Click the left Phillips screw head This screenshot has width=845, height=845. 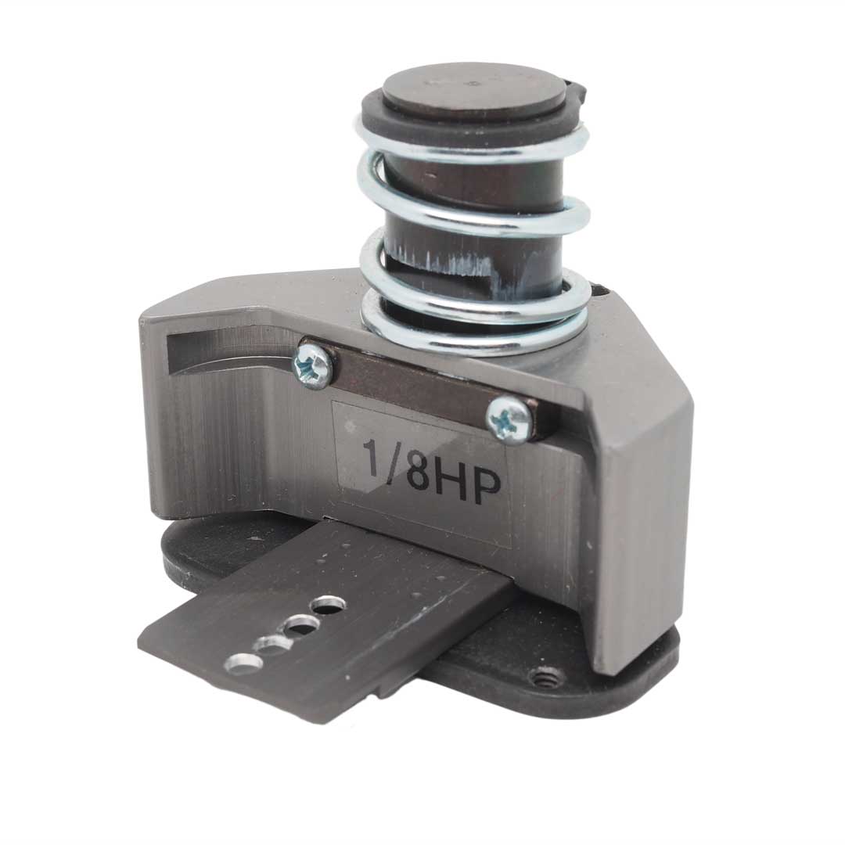[312, 364]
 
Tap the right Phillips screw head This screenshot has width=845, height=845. [508, 414]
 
